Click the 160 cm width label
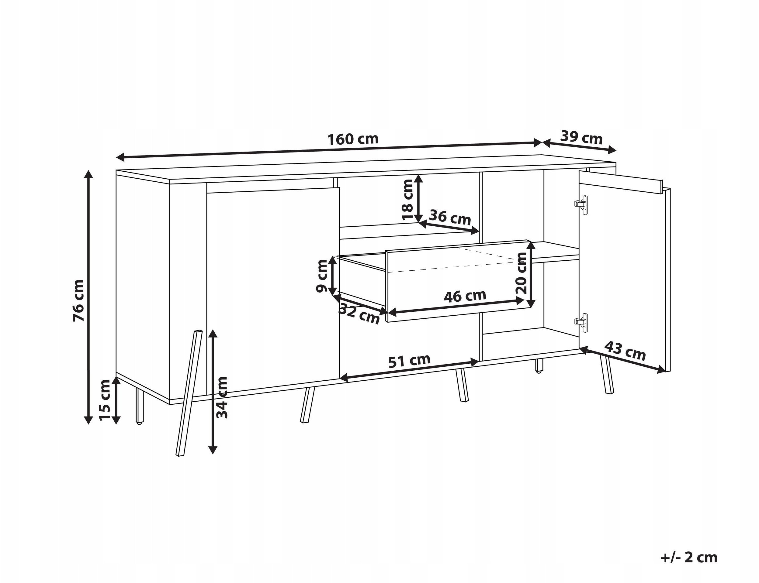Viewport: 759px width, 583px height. coord(353,139)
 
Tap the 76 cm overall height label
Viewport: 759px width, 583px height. coord(78,300)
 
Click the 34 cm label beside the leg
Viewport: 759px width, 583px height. coord(222,397)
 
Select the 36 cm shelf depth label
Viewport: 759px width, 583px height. coord(450,217)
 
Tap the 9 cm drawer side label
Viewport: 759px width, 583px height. coord(322,276)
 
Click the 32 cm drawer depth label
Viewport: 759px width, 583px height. coord(359,313)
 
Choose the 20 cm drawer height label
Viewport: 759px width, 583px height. coord(522,273)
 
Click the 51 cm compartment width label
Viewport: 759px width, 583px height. coord(409,361)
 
